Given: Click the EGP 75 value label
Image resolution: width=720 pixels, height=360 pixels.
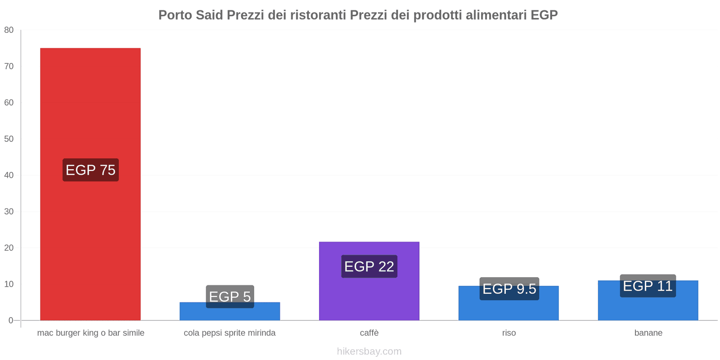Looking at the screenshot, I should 90,170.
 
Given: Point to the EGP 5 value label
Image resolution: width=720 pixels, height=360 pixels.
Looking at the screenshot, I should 230,297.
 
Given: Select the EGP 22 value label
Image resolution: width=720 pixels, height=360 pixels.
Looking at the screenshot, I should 369,266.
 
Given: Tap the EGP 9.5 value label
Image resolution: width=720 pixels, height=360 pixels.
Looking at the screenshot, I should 509,288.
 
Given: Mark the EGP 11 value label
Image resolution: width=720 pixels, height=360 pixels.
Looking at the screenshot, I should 648,286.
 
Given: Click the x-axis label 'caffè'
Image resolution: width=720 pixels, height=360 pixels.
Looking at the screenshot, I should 369,333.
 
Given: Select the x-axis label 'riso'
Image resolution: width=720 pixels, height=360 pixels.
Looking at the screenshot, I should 509,333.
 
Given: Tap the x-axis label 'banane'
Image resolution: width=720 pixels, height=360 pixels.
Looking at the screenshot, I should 648,333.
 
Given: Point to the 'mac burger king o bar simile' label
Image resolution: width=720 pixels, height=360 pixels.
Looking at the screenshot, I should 90,333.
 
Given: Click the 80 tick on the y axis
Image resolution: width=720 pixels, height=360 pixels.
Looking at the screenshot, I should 9,30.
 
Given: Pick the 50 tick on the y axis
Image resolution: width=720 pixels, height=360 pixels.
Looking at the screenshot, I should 9,139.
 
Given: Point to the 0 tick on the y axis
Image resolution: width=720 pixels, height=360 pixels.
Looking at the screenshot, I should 11,320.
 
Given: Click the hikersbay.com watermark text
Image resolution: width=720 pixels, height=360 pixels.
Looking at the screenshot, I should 369,351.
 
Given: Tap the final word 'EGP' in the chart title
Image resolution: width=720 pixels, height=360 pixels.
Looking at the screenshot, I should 544,15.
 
